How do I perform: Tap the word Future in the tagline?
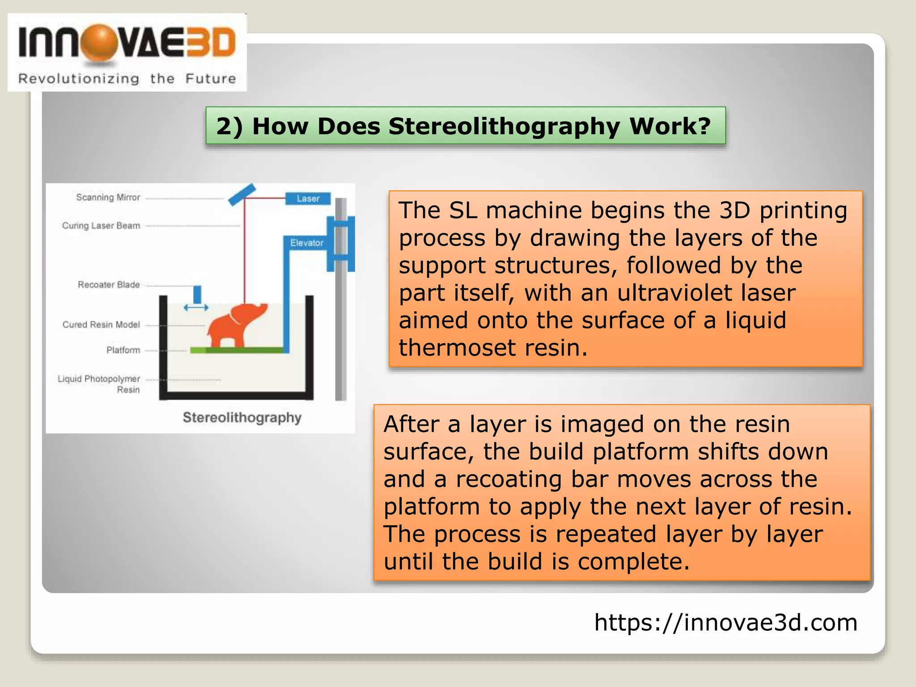click(210, 79)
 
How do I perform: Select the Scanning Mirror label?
click(108, 197)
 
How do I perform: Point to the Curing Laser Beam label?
click(101, 225)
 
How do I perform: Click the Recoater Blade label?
click(109, 284)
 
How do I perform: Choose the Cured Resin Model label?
click(101, 324)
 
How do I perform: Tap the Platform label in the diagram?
click(123, 350)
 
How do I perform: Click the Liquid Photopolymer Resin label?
click(99, 384)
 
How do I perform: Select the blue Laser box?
click(308, 198)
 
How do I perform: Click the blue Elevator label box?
click(307, 243)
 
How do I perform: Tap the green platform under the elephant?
click(237, 350)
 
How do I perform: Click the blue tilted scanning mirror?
click(242, 194)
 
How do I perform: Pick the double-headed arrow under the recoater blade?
click(196, 308)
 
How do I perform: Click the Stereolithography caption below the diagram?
click(242, 417)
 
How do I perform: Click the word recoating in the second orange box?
click(509, 479)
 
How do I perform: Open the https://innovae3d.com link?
click(725, 622)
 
